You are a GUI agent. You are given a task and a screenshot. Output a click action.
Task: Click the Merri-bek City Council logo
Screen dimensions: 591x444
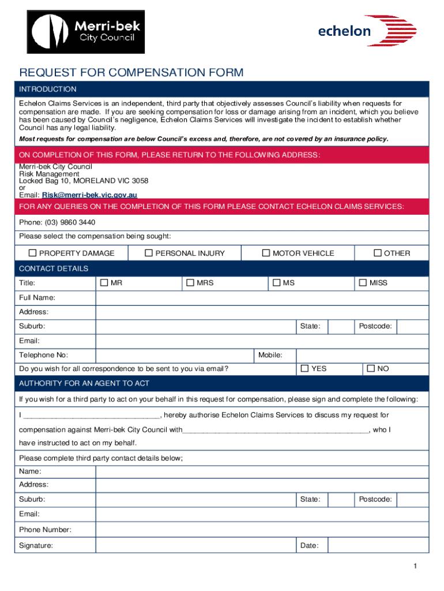click(x=87, y=32)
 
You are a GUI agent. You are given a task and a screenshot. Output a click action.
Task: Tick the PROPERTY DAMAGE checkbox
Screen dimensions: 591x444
click(x=33, y=253)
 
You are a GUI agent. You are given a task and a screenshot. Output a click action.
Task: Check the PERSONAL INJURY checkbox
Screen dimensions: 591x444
click(x=149, y=253)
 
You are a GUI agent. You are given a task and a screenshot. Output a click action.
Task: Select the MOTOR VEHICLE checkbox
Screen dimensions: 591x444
click(x=266, y=253)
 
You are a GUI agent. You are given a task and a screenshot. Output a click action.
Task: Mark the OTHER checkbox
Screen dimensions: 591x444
click(x=378, y=253)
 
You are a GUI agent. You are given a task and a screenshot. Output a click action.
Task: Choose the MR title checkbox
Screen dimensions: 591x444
click(x=104, y=283)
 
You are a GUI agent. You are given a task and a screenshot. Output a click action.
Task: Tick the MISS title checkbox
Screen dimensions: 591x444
click(x=363, y=283)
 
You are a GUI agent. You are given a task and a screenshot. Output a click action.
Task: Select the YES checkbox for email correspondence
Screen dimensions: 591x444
click(x=304, y=368)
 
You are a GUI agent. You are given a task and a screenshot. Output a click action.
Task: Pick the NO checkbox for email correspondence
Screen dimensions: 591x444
click(x=370, y=368)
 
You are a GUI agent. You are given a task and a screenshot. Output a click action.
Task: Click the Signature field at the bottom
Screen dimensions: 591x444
click(x=196, y=545)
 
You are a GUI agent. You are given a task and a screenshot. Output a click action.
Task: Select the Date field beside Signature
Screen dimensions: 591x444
click(x=378, y=545)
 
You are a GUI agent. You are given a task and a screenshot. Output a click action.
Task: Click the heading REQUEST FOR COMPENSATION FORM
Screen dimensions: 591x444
click(x=131, y=73)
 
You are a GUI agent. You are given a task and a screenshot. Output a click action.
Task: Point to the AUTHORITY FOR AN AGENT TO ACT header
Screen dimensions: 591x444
click(x=84, y=384)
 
